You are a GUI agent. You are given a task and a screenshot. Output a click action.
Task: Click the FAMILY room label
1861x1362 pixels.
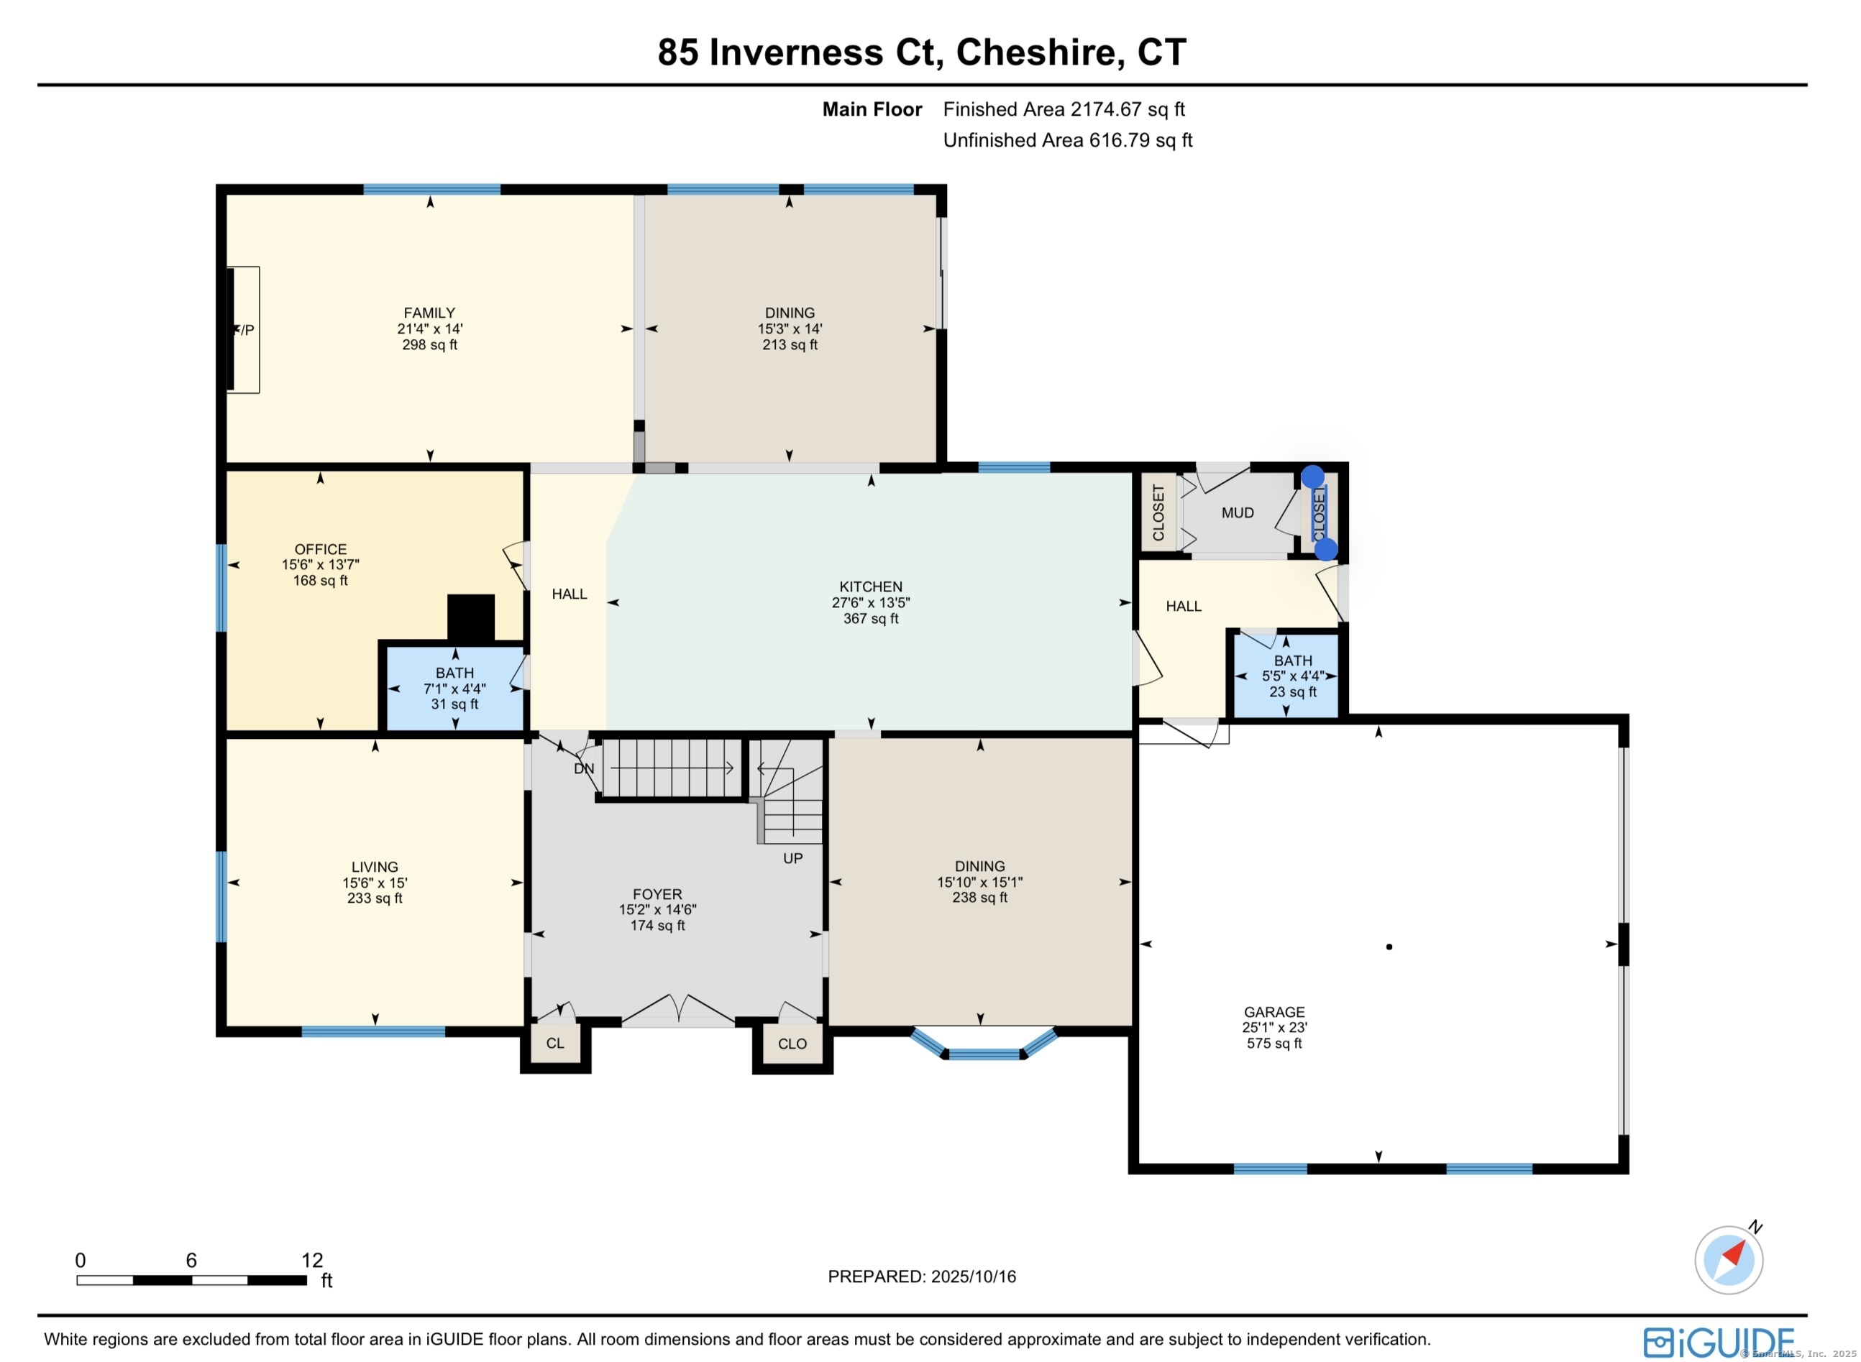pyautogui.click(x=429, y=313)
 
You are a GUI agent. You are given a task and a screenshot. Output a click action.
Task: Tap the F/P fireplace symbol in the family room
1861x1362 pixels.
pyautogui.click(x=243, y=330)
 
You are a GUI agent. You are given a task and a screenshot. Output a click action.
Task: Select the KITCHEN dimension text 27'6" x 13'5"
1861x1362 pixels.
pyautogui.click(x=870, y=603)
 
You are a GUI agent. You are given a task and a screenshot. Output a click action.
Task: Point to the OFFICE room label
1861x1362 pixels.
pyautogui.click(x=320, y=549)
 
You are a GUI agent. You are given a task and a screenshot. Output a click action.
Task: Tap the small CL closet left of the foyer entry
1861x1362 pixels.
pyautogui.click(x=555, y=1044)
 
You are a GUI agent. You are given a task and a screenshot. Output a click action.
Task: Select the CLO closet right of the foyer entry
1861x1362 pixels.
pyautogui.click(x=792, y=1044)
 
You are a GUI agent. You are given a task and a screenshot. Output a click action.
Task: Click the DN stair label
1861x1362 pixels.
pyautogui.click(x=584, y=768)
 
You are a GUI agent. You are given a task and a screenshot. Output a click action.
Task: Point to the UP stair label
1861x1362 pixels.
pyautogui.click(x=792, y=858)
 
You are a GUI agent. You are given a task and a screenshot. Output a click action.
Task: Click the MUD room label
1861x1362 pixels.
pyautogui.click(x=1238, y=512)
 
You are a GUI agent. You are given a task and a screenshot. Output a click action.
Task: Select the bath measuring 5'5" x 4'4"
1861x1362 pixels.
pyautogui.click(x=1293, y=676)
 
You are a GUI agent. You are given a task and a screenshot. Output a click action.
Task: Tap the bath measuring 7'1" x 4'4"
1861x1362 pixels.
pyautogui.click(x=454, y=689)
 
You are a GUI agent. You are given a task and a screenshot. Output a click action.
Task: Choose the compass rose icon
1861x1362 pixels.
pyautogui.click(x=1729, y=1261)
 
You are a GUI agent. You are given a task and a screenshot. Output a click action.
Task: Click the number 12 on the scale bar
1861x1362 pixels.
pyautogui.click(x=312, y=1261)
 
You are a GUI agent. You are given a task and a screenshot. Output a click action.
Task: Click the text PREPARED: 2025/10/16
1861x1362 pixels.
pyautogui.click(x=921, y=1277)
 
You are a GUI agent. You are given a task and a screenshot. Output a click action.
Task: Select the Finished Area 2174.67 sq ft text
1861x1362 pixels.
pyautogui.click(x=1064, y=110)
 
